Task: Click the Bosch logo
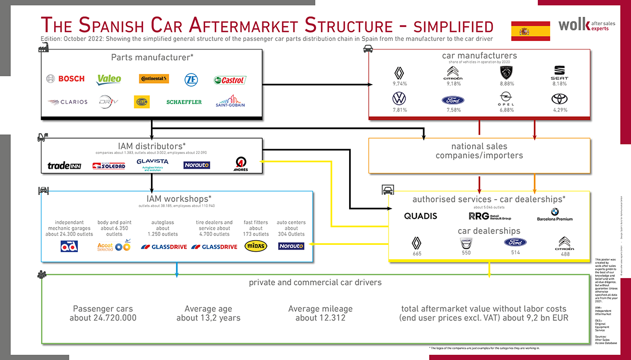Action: tap(65, 79)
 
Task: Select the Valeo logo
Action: tap(109, 79)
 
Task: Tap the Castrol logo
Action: tap(230, 80)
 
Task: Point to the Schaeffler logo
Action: tap(184, 102)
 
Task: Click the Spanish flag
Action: tap(531, 31)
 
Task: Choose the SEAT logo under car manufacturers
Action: tap(559, 72)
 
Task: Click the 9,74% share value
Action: tap(401, 84)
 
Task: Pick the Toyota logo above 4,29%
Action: tap(559, 99)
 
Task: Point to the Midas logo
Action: tap(256, 246)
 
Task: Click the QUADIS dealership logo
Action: tap(421, 216)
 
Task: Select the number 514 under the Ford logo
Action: tap(515, 253)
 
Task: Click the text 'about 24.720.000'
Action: tap(103, 318)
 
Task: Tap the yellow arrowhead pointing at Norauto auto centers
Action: tap(312, 244)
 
